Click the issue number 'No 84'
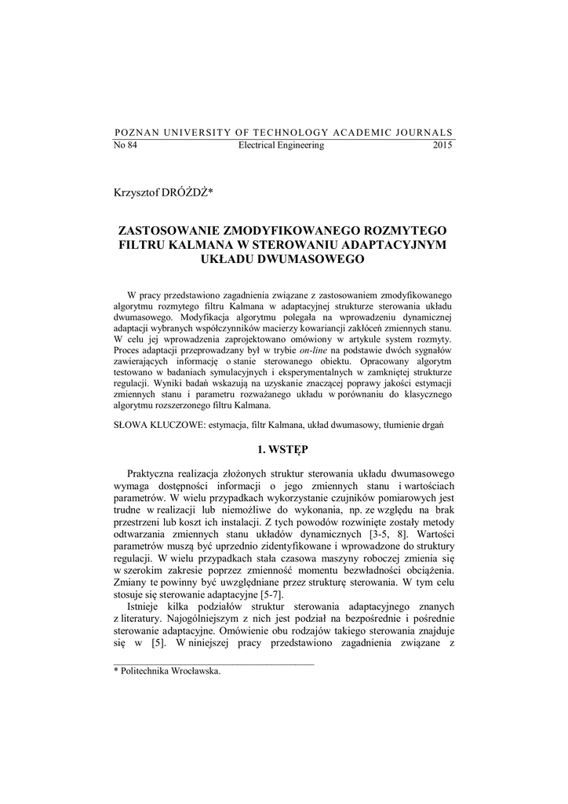(126, 145)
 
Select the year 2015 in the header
(442, 145)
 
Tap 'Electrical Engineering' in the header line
(281, 145)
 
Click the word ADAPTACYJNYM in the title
(401, 244)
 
